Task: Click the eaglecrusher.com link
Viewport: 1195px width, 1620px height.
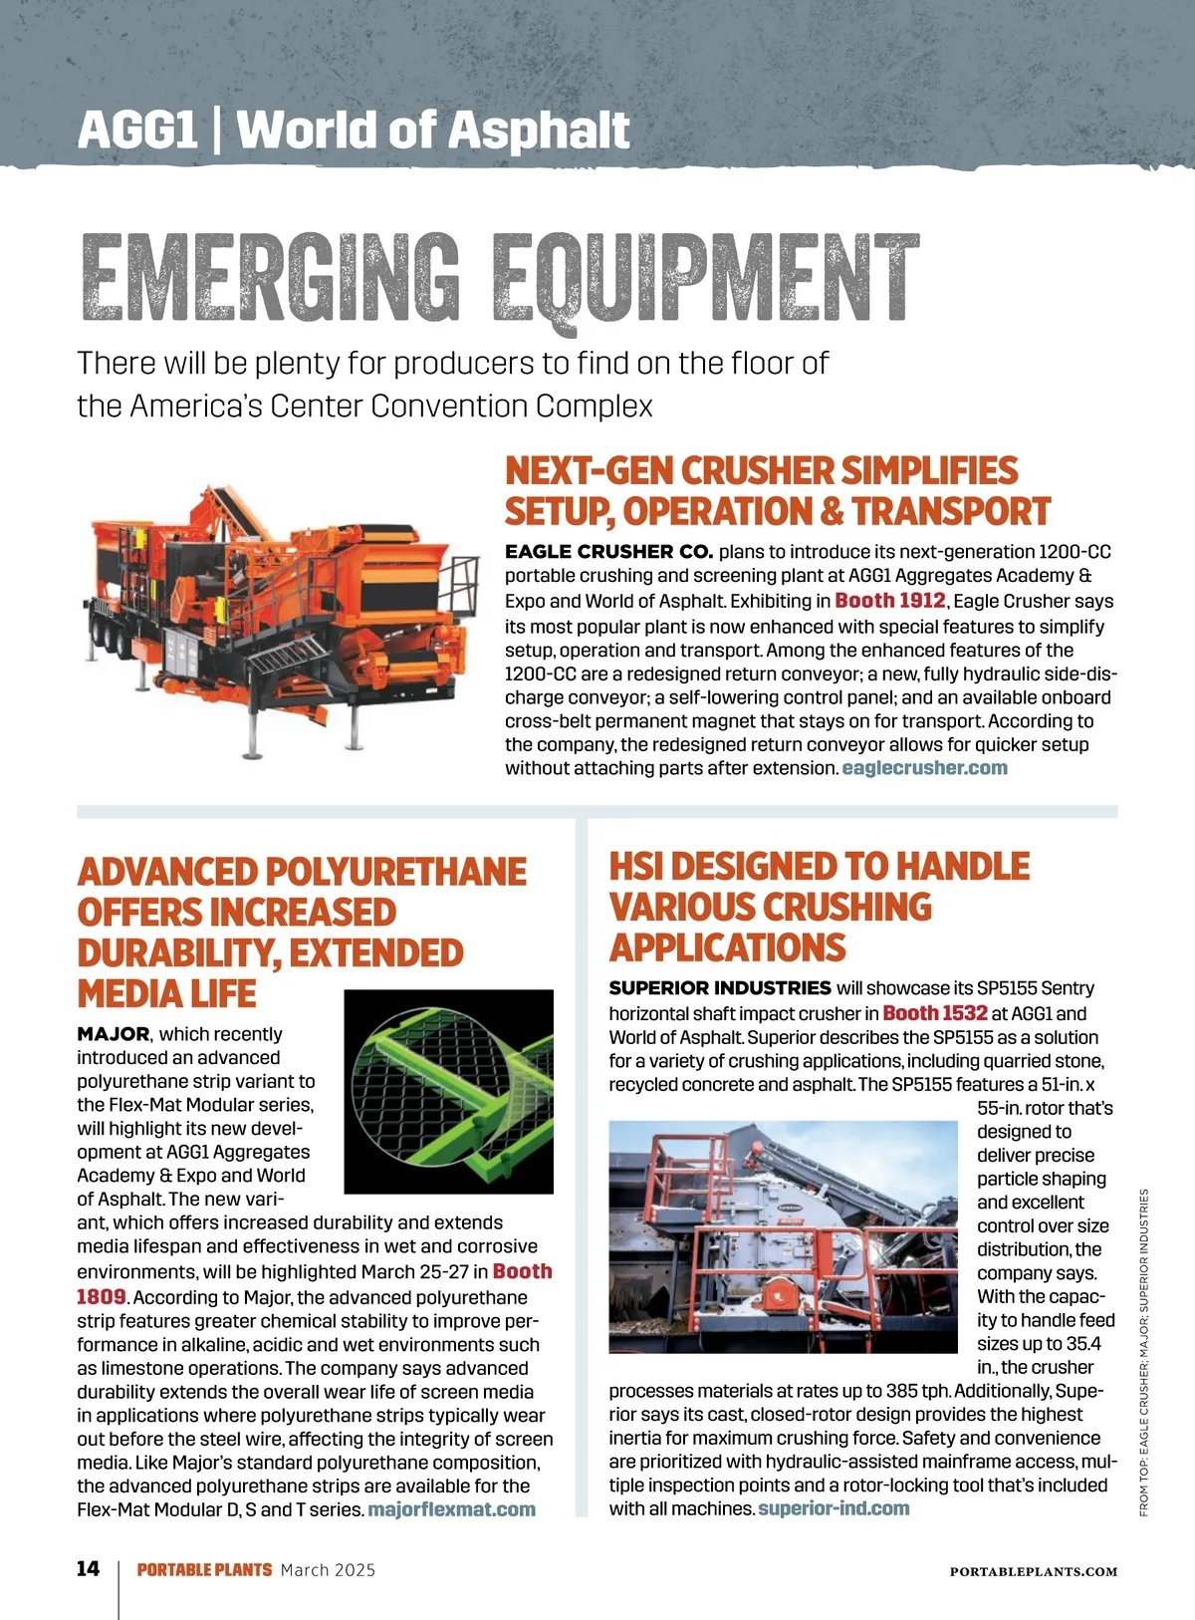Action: tap(924, 768)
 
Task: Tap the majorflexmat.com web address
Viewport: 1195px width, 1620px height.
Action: tap(451, 1509)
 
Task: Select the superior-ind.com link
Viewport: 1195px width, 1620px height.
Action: tap(834, 1508)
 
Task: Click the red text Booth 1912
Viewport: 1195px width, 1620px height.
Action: tap(889, 601)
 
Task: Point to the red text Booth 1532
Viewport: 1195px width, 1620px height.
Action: tap(934, 1013)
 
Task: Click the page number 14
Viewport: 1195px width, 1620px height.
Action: tap(89, 1569)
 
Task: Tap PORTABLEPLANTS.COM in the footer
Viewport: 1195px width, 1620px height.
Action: tap(1033, 1571)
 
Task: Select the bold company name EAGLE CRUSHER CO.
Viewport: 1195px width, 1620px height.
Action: tap(608, 552)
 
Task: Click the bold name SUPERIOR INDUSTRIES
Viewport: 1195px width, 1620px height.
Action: tap(719, 988)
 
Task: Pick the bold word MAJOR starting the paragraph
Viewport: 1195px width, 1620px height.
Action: tap(113, 1034)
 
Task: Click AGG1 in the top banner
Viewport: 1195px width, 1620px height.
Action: tap(137, 131)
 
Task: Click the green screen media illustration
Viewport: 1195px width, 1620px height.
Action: tap(448, 1091)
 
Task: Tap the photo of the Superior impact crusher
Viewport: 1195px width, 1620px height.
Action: tap(782, 1236)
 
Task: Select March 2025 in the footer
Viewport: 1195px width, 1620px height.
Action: tap(328, 1570)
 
